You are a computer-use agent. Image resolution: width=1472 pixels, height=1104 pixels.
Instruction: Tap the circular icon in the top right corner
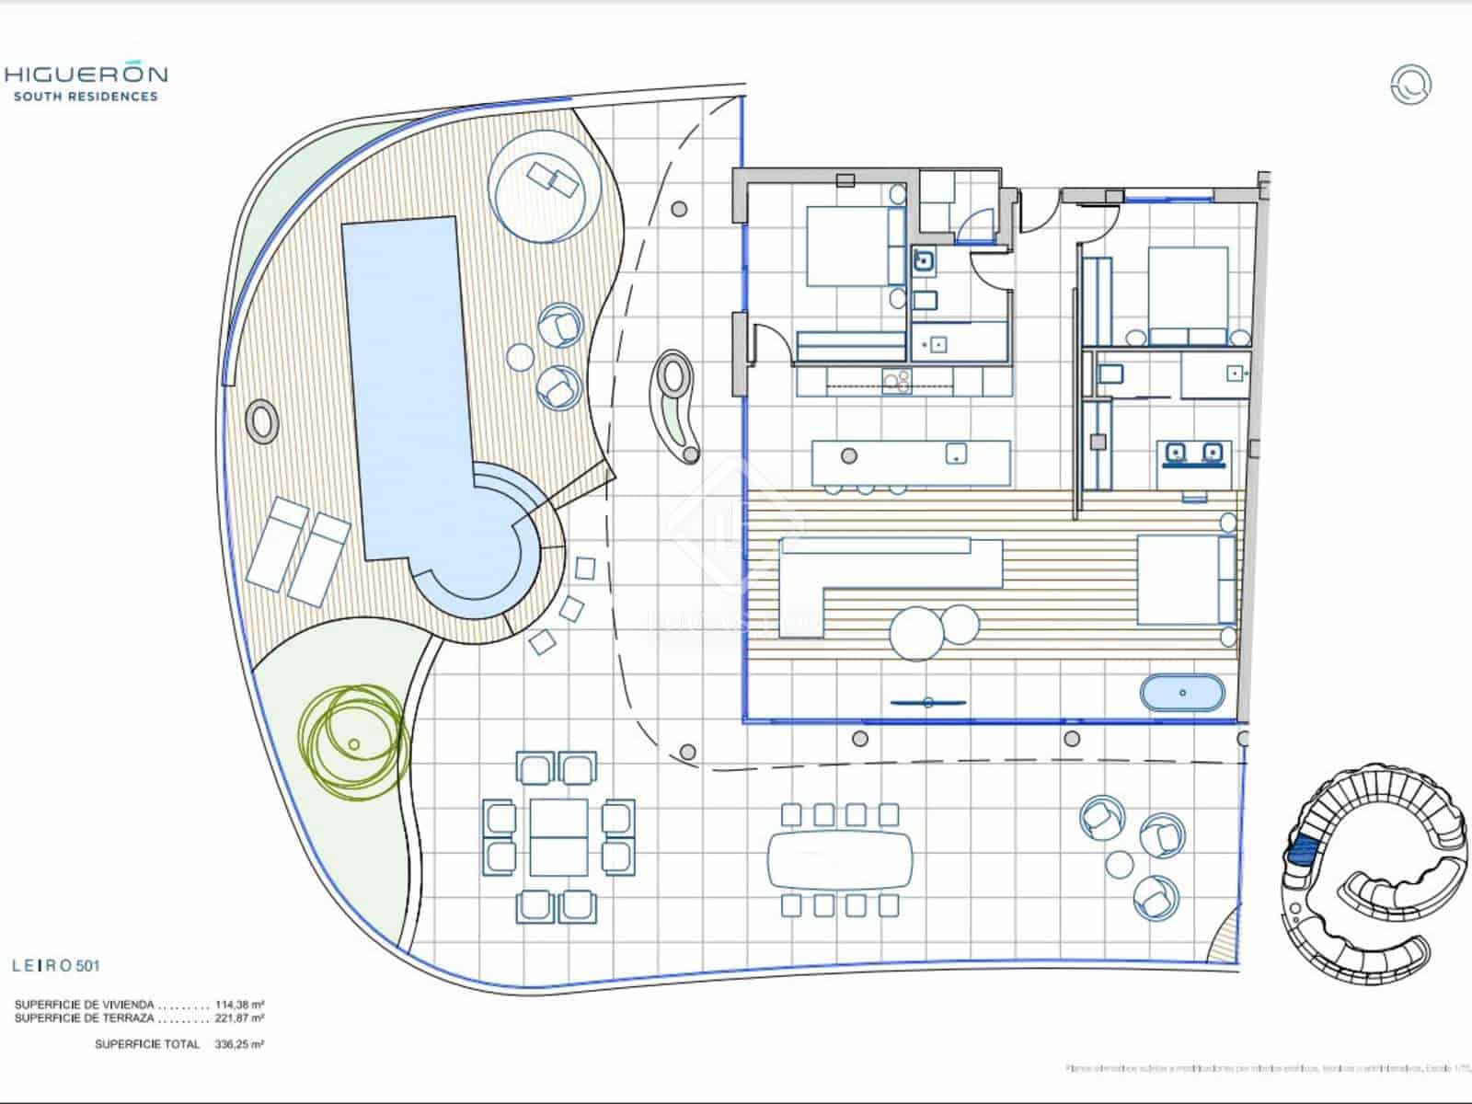[1410, 84]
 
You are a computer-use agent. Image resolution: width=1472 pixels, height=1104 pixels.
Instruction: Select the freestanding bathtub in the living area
[1183, 693]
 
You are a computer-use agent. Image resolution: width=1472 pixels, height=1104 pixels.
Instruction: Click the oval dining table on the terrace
[840, 859]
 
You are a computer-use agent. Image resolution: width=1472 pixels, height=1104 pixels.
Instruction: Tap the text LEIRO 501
[55, 966]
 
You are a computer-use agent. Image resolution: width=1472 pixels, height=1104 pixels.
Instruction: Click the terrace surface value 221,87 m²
[240, 1018]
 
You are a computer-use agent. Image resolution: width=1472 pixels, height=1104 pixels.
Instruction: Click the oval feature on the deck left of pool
[262, 422]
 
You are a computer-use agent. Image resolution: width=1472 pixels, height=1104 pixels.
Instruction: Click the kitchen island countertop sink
[957, 454]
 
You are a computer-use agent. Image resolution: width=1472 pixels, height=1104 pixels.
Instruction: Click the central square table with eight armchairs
[558, 836]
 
